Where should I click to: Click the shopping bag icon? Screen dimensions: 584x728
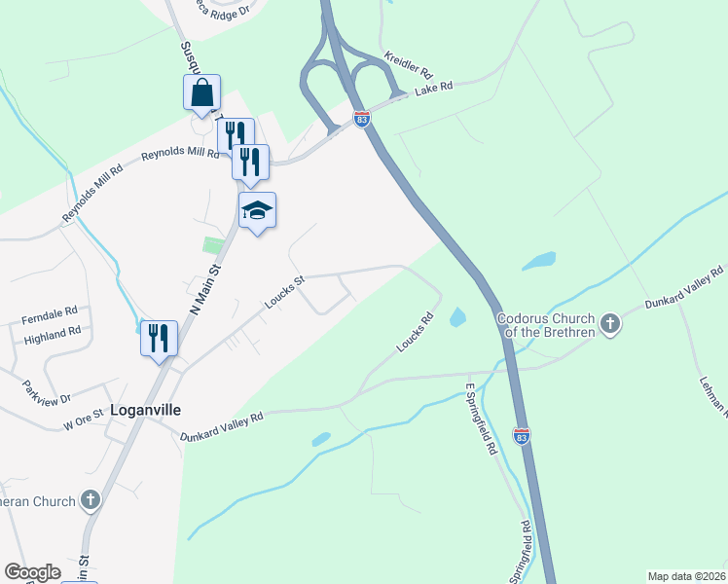point(201,93)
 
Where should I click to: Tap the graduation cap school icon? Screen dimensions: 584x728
point(258,210)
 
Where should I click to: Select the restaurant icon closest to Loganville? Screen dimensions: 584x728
point(159,338)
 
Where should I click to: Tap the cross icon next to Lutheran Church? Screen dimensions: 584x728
point(91,501)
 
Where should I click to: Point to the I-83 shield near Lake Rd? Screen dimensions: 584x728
point(362,119)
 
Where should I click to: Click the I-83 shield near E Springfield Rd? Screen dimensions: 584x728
point(523,437)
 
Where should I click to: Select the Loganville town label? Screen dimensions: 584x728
point(146,410)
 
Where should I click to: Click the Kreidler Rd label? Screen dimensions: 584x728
point(406,67)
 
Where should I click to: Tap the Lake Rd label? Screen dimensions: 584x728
point(434,89)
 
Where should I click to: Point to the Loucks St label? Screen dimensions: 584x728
point(285,291)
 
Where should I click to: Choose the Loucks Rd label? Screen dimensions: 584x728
point(414,332)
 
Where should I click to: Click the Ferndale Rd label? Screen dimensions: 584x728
point(50,315)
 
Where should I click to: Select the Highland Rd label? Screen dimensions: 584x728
point(54,334)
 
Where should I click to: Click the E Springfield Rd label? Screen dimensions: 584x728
point(481,420)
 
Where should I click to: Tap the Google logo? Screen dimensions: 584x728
point(32,572)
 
